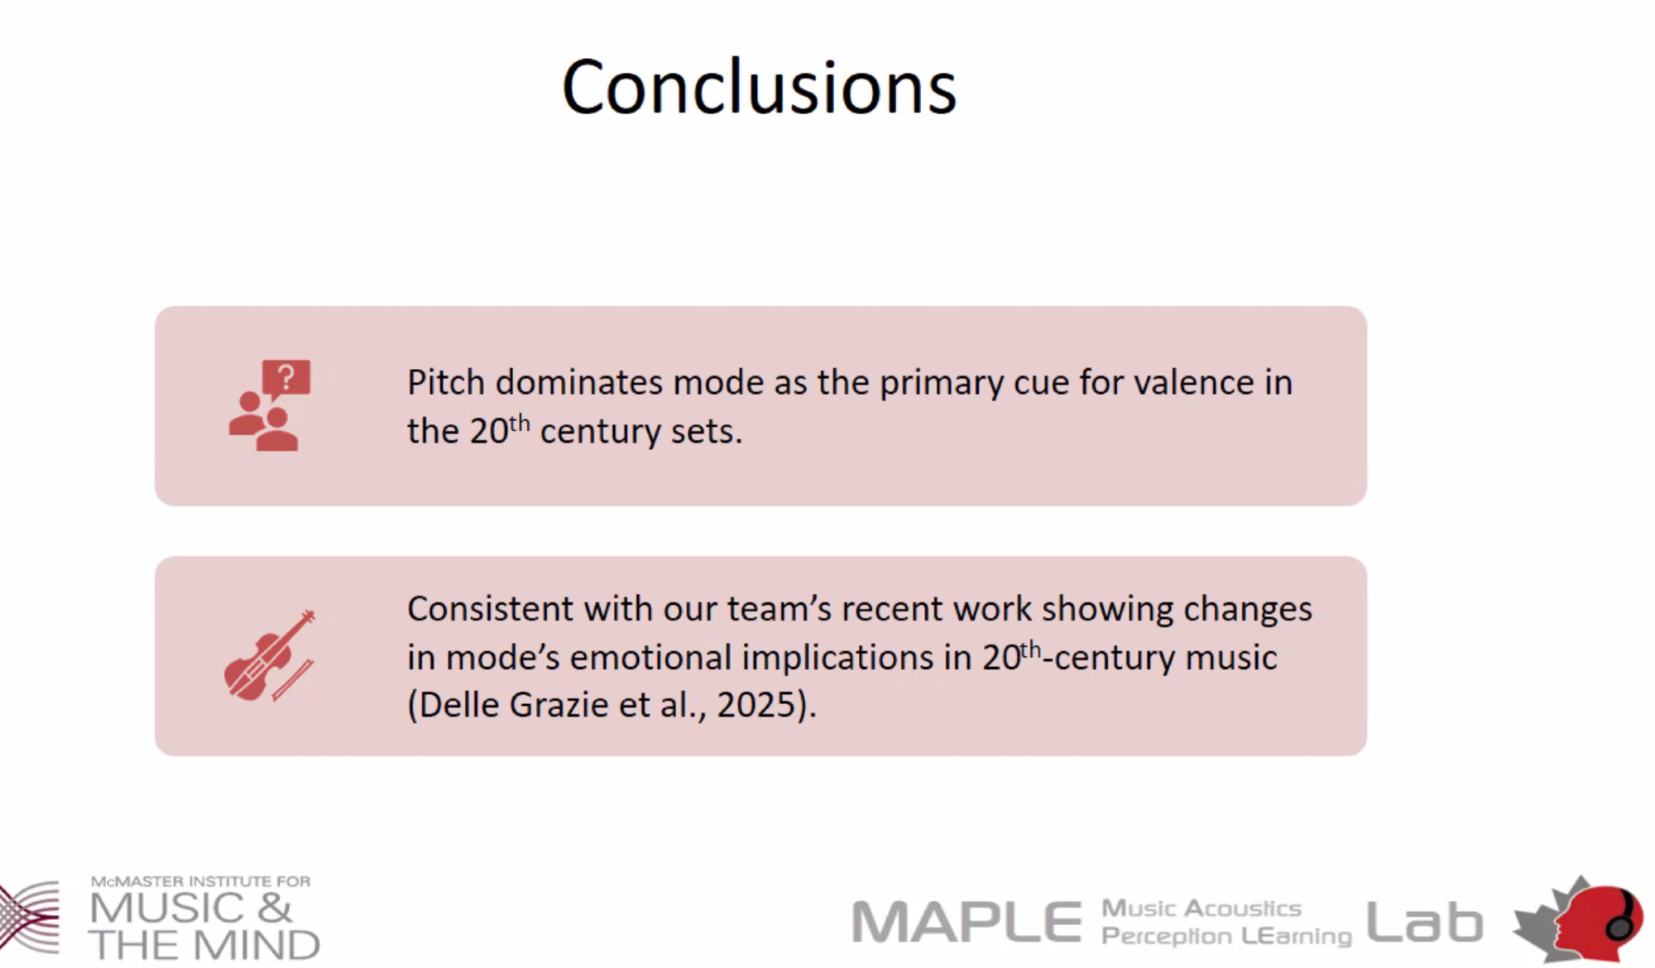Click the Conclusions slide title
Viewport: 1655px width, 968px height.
coord(759,87)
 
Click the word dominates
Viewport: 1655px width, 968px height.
coord(579,382)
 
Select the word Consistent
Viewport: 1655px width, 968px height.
coord(491,609)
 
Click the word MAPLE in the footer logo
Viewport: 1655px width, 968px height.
coord(967,922)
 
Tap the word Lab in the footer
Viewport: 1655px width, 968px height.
coord(1424,922)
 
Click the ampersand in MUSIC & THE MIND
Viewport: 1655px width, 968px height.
coord(275,908)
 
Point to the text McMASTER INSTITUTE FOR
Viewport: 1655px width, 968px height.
coord(201,881)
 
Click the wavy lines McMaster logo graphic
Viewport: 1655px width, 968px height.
coord(30,918)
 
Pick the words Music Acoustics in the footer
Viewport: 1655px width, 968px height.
coord(1202,908)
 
